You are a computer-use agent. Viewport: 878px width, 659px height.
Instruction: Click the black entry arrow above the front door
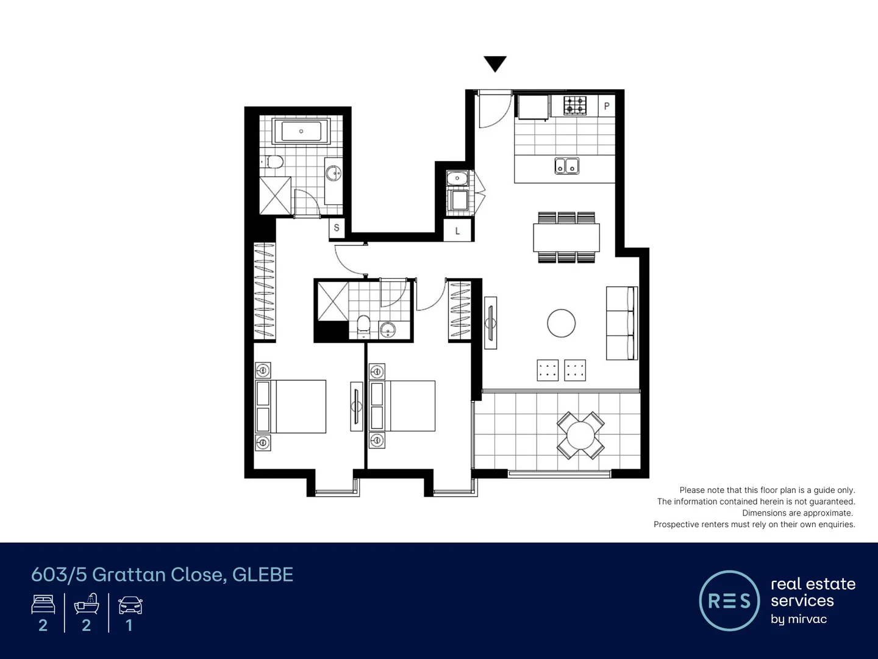495,63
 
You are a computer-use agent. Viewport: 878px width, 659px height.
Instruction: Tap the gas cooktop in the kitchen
574,106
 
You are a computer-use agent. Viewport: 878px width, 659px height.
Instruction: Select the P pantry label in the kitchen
607,106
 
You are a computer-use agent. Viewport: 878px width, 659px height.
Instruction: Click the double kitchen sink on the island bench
567,165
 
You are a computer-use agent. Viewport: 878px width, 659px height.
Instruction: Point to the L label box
457,231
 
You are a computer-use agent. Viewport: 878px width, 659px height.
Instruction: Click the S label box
337,228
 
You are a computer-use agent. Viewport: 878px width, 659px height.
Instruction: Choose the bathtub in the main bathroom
301,131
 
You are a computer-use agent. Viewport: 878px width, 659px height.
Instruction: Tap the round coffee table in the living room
561,323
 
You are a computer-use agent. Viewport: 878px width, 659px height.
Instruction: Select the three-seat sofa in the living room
621,323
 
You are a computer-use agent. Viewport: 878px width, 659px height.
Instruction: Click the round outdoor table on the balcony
580,435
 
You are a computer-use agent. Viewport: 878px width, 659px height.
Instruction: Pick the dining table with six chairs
566,237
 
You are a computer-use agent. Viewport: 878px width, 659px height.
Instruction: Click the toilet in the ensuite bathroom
363,325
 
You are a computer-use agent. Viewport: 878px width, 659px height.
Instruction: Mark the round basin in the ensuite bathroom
387,330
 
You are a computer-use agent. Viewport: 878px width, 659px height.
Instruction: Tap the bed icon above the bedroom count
43,605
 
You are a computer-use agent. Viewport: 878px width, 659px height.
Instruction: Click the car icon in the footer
130,605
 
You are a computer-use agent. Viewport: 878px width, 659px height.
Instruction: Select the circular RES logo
729,600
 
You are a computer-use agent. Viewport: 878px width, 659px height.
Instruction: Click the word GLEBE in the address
263,575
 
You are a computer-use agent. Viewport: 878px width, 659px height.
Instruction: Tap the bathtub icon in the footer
87,604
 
